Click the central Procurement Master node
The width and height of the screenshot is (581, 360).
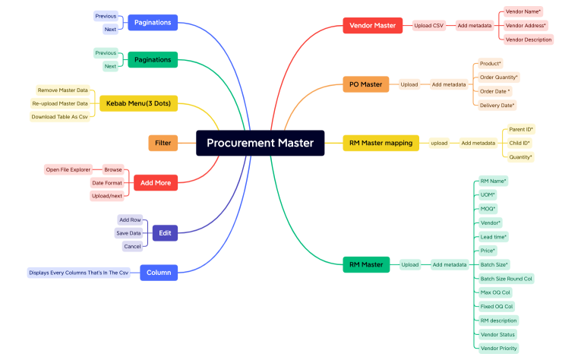coord(260,143)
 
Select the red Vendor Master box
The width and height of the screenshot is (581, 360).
coord(372,25)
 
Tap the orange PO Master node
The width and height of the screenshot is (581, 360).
coord(366,84)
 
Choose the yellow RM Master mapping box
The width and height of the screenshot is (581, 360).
coord(380,143)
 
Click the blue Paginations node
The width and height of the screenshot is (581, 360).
coord(152,22)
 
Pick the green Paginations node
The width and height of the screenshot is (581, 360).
coord(152,59)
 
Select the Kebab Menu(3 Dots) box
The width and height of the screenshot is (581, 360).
coord(139,103)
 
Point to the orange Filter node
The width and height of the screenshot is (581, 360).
coord(163,142)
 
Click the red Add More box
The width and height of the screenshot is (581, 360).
coord(156,182)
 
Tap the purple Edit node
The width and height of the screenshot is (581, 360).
coord(165,233)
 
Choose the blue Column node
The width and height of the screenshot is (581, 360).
coord(158,271)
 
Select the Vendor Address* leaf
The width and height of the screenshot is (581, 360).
coord(526,25)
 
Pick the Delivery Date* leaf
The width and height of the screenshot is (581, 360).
coord(497,106)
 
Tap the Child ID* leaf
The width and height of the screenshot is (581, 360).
coord(519,143)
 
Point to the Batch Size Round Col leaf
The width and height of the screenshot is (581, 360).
coord(506,279)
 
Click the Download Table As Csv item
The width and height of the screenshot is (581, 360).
coord(59,117)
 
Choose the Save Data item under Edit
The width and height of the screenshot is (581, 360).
coord(128,233)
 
